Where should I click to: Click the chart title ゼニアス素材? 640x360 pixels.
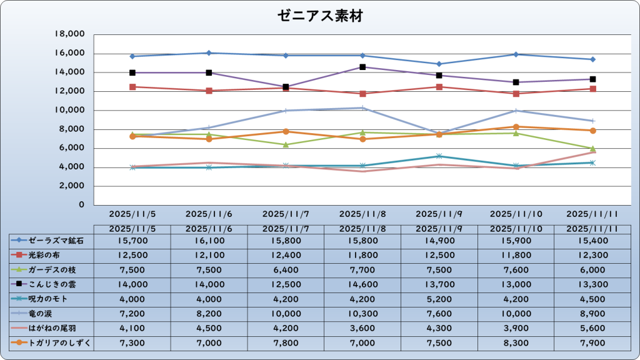pyautogui.click(x=320, y=16)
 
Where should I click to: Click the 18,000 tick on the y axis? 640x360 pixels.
pyautogui.click(x=70, y=34)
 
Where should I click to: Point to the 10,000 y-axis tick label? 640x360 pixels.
pyautogui.click(x=70, y=111)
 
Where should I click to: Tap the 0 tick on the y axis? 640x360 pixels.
pyautogui.click(x=81, y=205)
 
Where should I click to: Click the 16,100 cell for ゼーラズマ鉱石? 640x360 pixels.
pyautogui.click(x=209, y=240)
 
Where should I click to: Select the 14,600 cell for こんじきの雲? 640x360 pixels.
pyautogui.click(x=362, y=284)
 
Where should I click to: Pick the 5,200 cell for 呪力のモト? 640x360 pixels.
pyautogui.click(x=439, y=299)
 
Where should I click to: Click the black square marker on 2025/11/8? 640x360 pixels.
pyautogui.click(x=362, y=67)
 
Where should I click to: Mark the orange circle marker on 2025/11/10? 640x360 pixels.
pyautogui.click(x=516, y=127)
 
